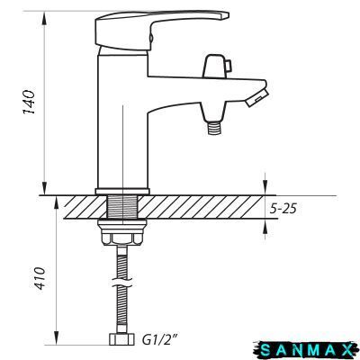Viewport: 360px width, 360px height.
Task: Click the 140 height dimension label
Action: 30,102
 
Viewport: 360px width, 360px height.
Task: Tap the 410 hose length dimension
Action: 40,278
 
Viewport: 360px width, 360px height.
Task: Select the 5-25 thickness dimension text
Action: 283,209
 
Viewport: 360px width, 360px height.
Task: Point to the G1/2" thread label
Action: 160,340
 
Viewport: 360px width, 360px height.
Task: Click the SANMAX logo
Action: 305,350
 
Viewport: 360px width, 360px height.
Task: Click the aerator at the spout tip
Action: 256,96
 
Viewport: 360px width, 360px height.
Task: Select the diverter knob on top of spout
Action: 217,66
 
